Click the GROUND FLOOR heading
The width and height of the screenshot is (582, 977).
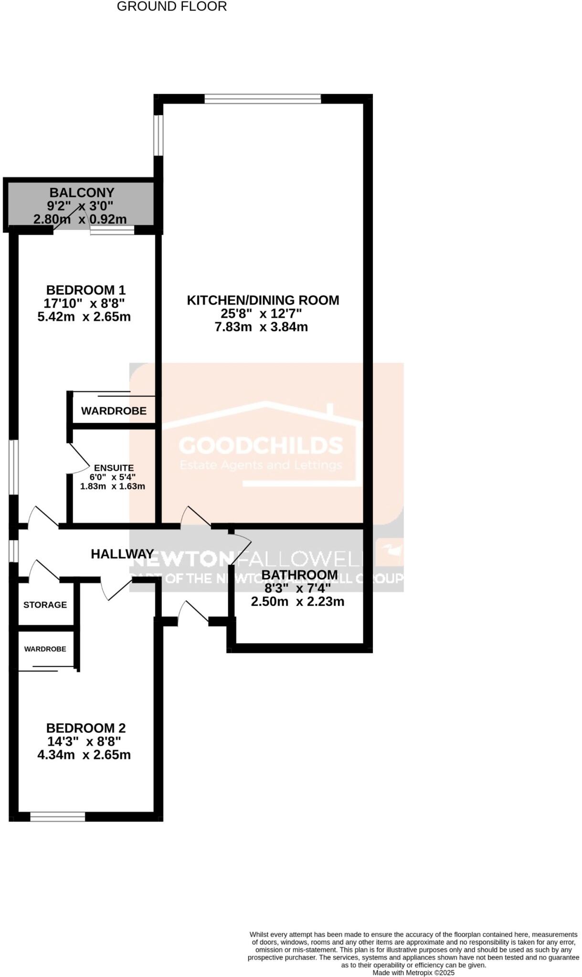pyautogui.click(x=171, y=7)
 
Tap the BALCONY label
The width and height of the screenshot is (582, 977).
pyautogui.click(x=82, y=193)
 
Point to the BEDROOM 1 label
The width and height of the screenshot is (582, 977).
pyautogui.click(x=85, y=290)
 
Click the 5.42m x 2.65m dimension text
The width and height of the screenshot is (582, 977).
pyautogui.click(x=84, y=316)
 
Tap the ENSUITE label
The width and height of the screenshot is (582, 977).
pyautogui.click(x=114, y=468)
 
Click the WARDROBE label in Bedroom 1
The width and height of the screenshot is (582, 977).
pyautogui.click(x=114, y=411)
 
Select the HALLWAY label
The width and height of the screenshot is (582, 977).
pyautogui.click(x=122, y=554)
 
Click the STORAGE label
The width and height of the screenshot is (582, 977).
pyautogui.click(x=45, y=605)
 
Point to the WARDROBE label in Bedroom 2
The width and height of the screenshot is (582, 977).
pyautogui.click(x=45, y=649)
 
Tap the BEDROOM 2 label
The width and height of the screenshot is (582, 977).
pyautogui.click(x=85, y=728)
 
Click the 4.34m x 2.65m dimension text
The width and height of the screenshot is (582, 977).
pyautogui.click(x=84, y=755)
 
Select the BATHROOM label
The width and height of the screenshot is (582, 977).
pyautogui.click(x=299, y=574)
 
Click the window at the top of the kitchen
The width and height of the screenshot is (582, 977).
pyautogui.click(x=263, y=99)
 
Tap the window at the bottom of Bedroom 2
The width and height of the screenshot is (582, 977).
pyautogui.click(x=57, y=816)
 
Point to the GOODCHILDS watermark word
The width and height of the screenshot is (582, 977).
pyautogui.click(x=261, y=446)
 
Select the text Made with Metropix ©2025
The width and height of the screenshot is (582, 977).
pyautogui.click(x=413, y=973)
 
